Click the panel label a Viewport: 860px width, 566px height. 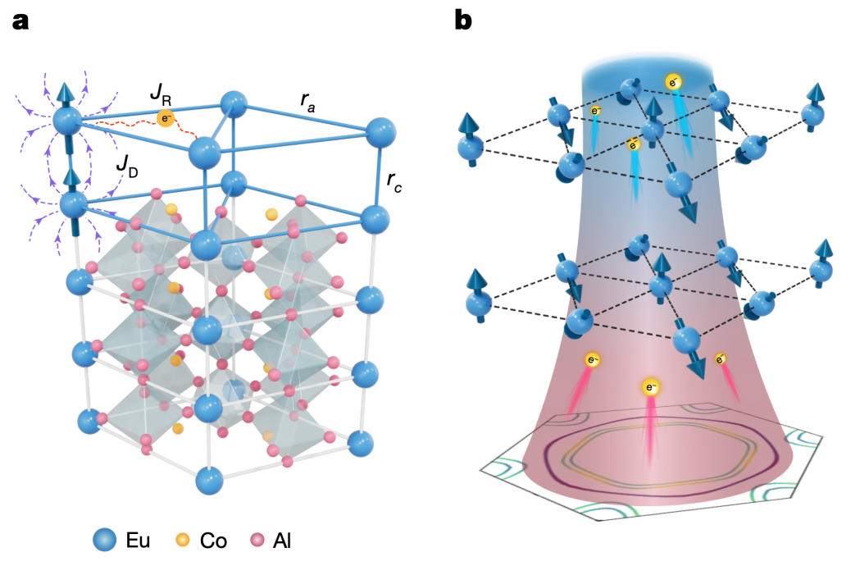(20, 21)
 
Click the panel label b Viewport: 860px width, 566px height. (463, 21)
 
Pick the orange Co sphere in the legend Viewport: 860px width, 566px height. (182, 541)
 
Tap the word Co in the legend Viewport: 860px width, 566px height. (214, 541)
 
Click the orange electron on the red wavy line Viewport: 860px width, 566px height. (165, 119)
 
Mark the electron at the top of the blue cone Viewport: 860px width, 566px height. (673, 81)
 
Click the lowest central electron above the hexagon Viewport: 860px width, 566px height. (650, 386)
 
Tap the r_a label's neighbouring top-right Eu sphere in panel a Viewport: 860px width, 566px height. (380, 130)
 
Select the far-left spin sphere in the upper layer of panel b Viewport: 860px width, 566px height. (471, 148)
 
